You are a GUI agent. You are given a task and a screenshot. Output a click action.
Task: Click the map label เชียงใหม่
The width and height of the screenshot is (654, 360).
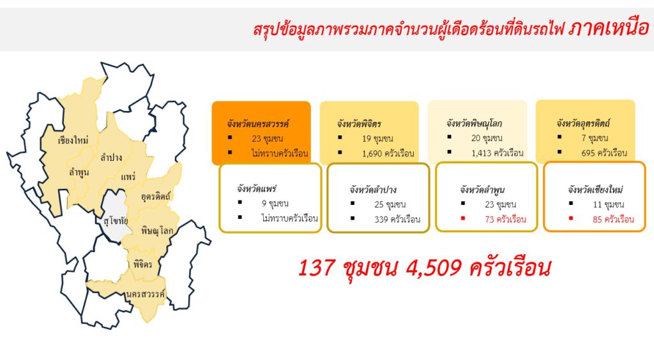(73, 140)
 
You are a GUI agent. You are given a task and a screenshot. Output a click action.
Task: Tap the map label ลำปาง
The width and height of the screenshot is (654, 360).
(111, 158)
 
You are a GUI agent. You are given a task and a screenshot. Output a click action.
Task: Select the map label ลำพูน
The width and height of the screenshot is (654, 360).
(79, 172)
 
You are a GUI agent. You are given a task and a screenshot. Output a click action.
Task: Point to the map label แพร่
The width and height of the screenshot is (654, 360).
(128, 177)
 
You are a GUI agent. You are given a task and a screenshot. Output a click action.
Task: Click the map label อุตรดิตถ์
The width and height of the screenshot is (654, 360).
(156, 196)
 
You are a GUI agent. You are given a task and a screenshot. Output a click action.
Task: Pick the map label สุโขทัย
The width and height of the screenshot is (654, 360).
(116, 221)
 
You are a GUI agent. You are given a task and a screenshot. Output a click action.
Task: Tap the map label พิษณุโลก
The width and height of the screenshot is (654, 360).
(157, 230)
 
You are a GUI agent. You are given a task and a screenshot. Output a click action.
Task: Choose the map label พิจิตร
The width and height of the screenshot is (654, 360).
(142, 264)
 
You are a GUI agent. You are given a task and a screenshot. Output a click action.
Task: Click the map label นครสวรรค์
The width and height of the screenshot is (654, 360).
(146, 294)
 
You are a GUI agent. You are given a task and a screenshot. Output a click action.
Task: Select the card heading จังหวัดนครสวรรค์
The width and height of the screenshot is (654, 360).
(258, 124)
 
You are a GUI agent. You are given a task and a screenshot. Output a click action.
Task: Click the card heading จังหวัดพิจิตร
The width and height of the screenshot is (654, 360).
(359, 124)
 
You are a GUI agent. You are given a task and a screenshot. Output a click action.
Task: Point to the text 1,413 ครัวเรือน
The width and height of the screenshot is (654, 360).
(497, 153)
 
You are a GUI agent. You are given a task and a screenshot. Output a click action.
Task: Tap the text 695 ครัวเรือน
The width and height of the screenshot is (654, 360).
(604, 153)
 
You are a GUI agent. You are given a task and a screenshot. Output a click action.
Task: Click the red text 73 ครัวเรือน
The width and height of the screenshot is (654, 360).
(506, 220)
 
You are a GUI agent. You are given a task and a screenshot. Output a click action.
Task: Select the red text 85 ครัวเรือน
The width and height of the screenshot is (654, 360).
(614, 220)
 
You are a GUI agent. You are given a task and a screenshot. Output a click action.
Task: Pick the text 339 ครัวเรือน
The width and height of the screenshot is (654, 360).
(397, 220)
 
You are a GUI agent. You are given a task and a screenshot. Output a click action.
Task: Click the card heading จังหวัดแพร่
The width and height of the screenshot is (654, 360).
(257, 189)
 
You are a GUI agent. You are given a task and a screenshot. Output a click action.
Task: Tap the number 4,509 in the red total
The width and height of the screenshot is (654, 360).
(434, 267)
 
